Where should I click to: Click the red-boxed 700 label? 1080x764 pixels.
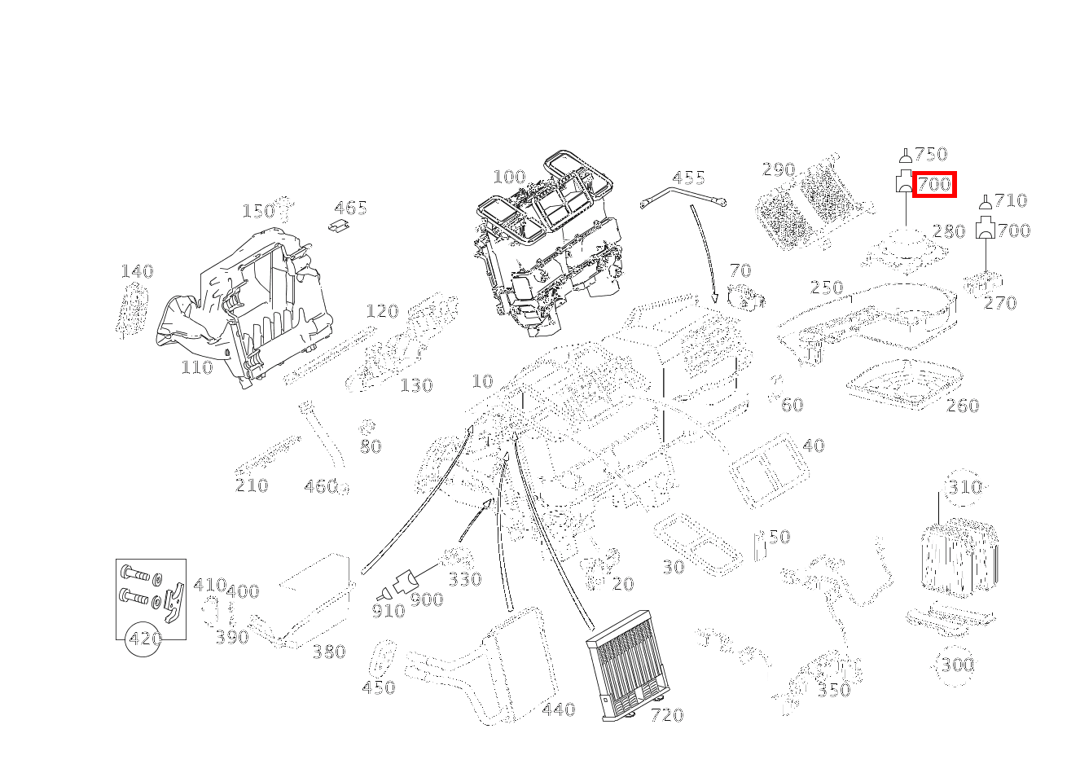point(933,185)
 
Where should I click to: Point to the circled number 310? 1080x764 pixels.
point(964,487)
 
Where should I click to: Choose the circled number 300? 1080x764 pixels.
point(957,665)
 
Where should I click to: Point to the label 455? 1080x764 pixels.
point(688,178)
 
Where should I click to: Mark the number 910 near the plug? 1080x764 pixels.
point(388,611)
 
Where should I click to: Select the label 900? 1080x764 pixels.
point(426,600)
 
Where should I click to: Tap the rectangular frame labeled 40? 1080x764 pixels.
point(767,468)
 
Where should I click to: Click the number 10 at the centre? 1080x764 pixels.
point(482,381)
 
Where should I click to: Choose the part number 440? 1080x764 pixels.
point(558,709)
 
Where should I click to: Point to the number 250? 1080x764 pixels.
point(826,288)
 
